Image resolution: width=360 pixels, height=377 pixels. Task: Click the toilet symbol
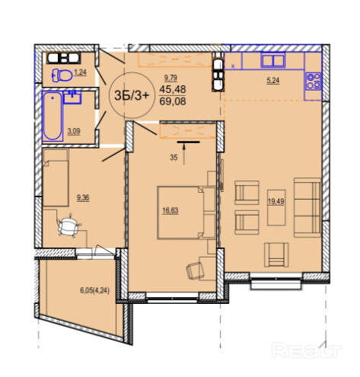tap(62, 75)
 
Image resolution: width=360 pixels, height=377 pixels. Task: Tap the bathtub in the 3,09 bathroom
tap(53, 116)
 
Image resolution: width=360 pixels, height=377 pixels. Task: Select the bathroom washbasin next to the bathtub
tap(72, 97)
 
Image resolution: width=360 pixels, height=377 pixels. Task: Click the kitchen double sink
tap(272, 61)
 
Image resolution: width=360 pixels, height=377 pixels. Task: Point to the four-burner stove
tap(314, 81)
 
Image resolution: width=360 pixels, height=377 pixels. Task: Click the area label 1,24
tap(81, 72)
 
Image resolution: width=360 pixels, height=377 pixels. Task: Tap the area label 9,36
tap(83, 197)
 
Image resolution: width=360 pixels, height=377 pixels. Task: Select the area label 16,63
tap(170, 210)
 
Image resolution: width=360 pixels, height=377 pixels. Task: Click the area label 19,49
tap(276, 201)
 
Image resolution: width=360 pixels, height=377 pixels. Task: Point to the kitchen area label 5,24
tap(273, 81)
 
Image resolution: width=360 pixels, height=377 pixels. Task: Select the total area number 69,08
tap(173, 101)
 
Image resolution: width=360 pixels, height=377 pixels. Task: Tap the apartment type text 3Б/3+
tap(131, 95)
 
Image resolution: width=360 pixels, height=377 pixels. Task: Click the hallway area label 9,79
tap(170, 78)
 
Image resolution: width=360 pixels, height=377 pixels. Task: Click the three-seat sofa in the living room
tap(307, 207)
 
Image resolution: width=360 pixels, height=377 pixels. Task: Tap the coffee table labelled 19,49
tap(276, 207)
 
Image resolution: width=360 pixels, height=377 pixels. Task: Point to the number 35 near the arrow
tap(174, 158)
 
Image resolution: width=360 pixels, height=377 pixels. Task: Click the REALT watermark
tap(307, 350)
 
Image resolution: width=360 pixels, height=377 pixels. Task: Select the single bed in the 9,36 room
tap(56, 177)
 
